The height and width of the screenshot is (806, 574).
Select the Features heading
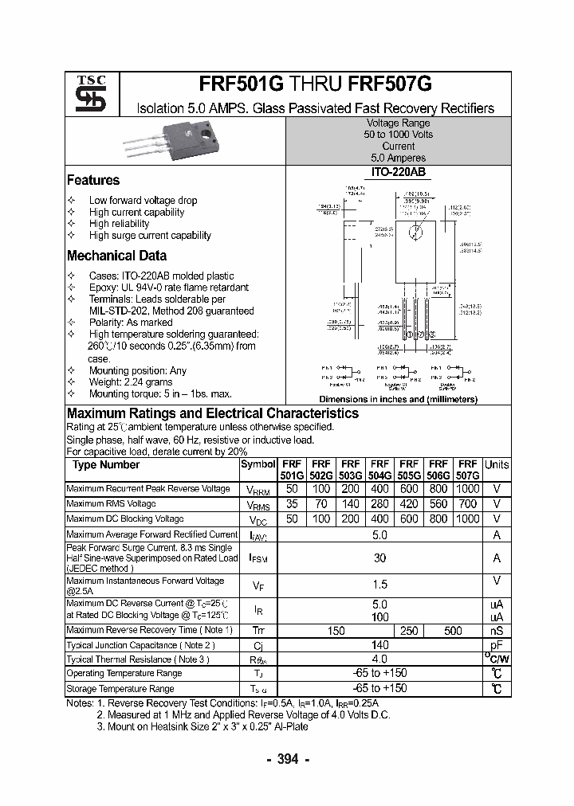[92, 180]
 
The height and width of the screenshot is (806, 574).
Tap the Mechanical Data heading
[116, 256]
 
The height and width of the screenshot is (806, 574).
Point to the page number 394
[286, 759]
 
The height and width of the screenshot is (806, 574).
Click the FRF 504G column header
[379, 470]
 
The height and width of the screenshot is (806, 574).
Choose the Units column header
[497, 465]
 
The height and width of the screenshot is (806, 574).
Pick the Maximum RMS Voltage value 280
[379, 504]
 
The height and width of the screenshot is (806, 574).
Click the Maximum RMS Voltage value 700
[468, 504]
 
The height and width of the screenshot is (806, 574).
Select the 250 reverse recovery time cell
[408, 631]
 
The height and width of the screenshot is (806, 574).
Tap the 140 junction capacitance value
[379, 645]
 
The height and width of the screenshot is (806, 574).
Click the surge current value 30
[379, 558]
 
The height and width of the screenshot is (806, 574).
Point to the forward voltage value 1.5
[379, 585]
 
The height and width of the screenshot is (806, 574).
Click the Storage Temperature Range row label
[120, 689]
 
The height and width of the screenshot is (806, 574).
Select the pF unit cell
[497, 645]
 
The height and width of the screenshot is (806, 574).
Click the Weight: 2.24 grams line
[131, 382]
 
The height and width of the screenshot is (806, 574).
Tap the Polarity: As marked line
[131, 323]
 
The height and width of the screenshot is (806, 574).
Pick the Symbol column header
[258, 465]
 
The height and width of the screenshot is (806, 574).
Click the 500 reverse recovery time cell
[453, 631]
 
